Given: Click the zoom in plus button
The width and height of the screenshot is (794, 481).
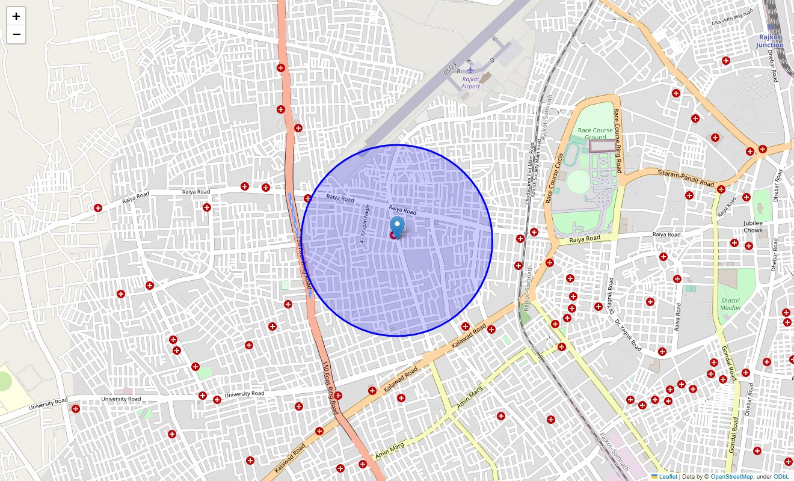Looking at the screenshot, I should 16,16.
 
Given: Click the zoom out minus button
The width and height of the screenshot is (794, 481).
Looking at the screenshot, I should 16,34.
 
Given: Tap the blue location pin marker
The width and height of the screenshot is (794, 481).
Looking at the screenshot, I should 397,227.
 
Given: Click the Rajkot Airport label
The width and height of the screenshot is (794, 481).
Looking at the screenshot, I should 471,83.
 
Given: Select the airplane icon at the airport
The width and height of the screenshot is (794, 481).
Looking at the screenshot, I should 471,69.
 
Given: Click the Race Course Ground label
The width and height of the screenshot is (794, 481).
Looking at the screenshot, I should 595,133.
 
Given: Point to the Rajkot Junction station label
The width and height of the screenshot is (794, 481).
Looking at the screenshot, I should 770,41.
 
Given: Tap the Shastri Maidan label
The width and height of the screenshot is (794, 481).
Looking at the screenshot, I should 731,304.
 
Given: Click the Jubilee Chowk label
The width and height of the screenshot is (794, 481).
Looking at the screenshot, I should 752,227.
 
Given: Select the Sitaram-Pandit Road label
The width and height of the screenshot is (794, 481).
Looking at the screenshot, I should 686,178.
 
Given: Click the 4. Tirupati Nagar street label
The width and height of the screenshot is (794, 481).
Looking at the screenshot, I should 363,223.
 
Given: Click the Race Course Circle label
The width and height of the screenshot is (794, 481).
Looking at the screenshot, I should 554,178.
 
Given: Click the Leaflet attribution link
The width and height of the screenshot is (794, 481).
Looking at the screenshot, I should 667,477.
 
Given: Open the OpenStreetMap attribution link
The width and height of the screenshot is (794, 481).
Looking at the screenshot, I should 731,477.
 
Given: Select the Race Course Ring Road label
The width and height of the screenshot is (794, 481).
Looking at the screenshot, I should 617,141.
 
